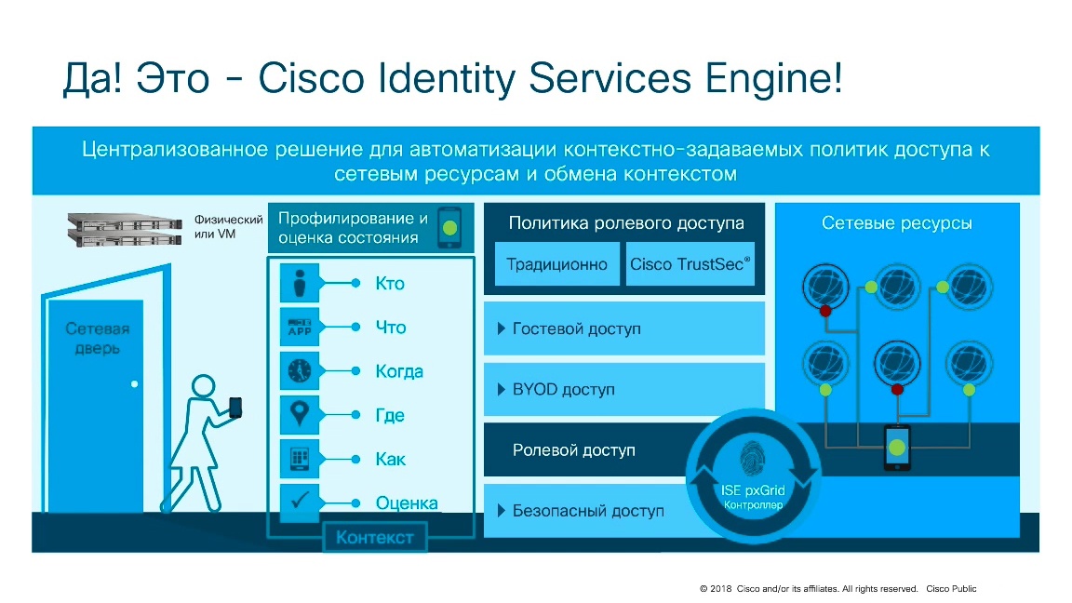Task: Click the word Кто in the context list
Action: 390,284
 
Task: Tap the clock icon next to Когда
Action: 300,371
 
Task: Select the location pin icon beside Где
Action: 300,415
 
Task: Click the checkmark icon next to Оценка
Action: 300,502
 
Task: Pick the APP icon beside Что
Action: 300,328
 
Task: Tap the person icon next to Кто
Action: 300,284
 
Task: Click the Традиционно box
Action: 556,264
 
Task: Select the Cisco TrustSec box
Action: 690,264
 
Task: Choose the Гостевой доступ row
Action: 623,328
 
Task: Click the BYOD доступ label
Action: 563,390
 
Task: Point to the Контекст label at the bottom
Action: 374,538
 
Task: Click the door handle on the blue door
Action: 135,383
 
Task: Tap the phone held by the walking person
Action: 235,407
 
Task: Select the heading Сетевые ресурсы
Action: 897,223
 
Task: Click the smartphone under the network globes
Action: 896,448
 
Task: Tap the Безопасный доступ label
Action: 587,511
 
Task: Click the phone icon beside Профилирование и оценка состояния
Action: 450,227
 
